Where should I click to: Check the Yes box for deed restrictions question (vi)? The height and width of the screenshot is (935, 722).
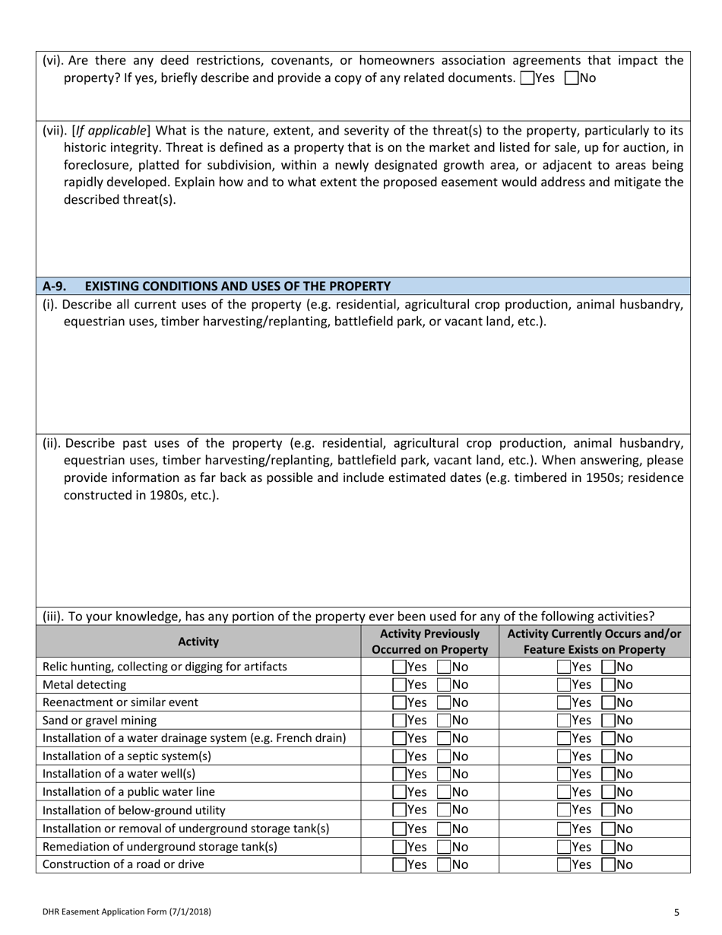coord(527,78)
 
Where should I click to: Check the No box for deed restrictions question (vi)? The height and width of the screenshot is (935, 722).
coord(572,78)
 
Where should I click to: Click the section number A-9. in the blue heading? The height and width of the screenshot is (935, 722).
coord(54,287)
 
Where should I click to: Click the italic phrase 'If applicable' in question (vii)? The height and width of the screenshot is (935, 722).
coord(111,130)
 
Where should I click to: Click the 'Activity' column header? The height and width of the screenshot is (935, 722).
coord(198,642)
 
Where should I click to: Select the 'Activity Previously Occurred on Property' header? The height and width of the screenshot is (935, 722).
coord(429,642)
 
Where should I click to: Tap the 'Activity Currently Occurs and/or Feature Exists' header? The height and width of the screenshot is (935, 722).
coord(594,642)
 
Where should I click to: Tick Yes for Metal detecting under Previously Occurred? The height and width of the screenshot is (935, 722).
coord(399,685)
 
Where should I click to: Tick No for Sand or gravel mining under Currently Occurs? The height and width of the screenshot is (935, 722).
coord(608,721)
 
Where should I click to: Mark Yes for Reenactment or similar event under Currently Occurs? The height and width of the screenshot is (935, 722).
coord(564,702)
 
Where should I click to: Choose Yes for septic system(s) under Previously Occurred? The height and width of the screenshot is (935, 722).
coord(399,756)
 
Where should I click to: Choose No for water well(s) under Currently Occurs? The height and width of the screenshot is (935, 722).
coord(608,774)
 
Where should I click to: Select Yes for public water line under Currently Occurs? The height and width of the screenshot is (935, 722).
coord(564,792)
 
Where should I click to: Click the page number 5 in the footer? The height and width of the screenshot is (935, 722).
coord(676,911)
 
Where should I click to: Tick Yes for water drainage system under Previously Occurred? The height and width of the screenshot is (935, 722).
coord(399,738)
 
